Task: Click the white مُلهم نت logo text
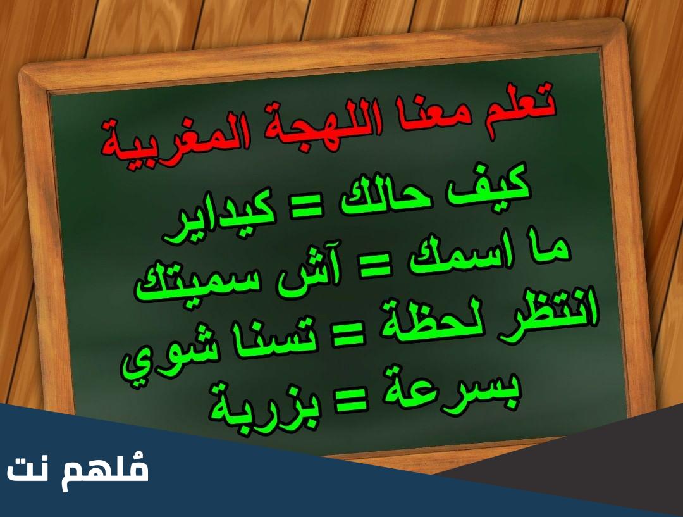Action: [x=78, y=470]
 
